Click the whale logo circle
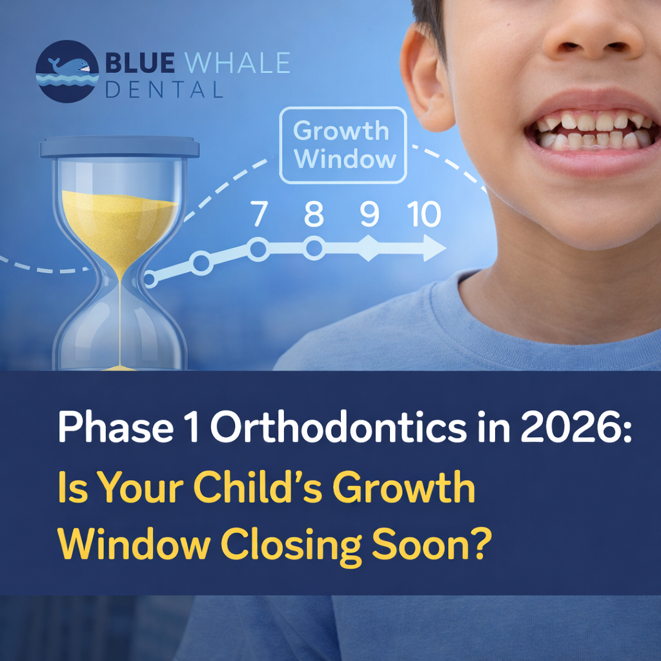coord(67,71)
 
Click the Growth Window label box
coord(343,145)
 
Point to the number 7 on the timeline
coord(259,214)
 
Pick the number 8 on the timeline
coord(314,214)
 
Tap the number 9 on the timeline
coord(369,214)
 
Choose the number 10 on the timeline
coord(424,214)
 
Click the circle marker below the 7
coord(258,249)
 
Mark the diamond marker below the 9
coord(369,249)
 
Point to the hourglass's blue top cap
coord(119,148)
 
